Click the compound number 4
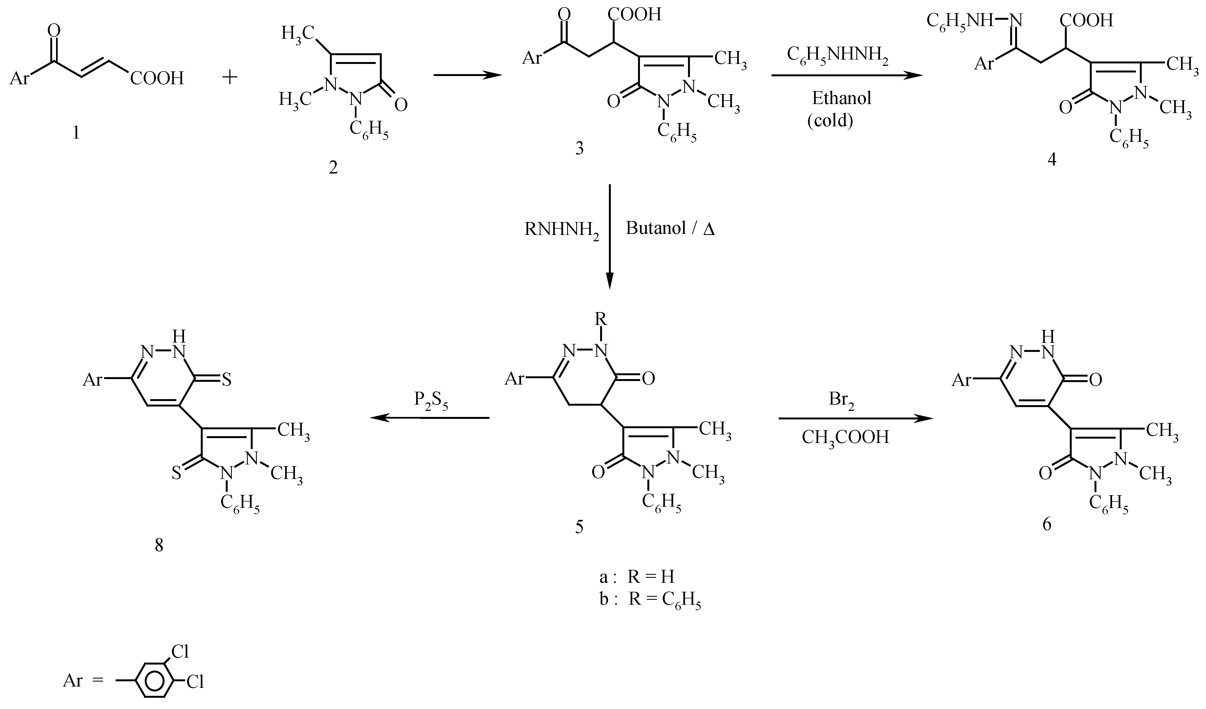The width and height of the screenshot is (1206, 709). pos(1051,159)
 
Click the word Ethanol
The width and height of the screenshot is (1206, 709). pos(841,98)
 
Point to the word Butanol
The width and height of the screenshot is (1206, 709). pos(657,229)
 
